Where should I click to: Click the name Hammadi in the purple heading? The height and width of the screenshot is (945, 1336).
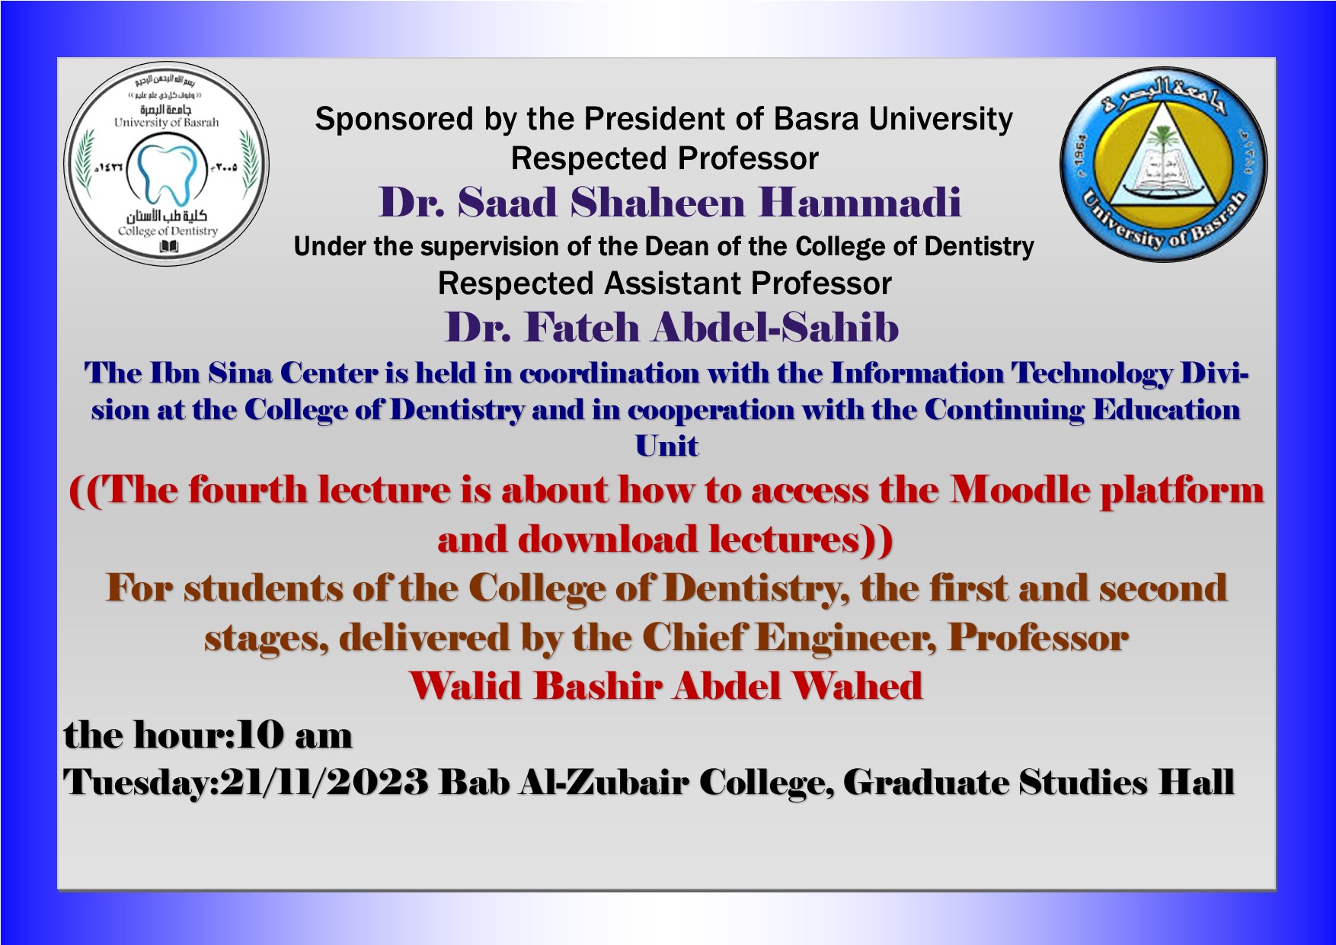(859, 202)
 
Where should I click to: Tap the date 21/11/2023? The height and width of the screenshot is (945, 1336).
(324, 783)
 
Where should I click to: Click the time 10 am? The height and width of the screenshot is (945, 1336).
(295, 735)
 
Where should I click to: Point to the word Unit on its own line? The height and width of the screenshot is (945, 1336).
(667, 446)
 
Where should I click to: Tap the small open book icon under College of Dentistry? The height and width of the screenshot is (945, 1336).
(168, 247)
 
